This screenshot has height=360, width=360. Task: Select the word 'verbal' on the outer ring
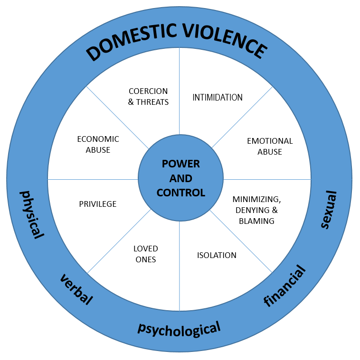tap(76, 289)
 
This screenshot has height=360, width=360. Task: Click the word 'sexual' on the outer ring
tap(328, 209)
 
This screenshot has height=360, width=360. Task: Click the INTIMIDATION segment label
tap(218, 97)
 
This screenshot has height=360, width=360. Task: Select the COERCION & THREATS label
tap(149, 96)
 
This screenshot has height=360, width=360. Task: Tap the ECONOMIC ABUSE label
tap(98, 144)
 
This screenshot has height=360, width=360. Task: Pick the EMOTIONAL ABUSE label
tap(270, 146)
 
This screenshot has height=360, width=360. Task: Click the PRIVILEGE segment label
tap(98, 204)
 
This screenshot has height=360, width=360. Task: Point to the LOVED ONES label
tap(145, 254)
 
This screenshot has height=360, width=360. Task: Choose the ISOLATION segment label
tap(217, 255)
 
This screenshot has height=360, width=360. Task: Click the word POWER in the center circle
tap(181, 164)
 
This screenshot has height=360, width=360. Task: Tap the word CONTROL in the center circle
tap(181, 193)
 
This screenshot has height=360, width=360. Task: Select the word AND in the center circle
tap(181, 178)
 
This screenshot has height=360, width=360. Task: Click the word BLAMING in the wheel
tap(257, 221)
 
